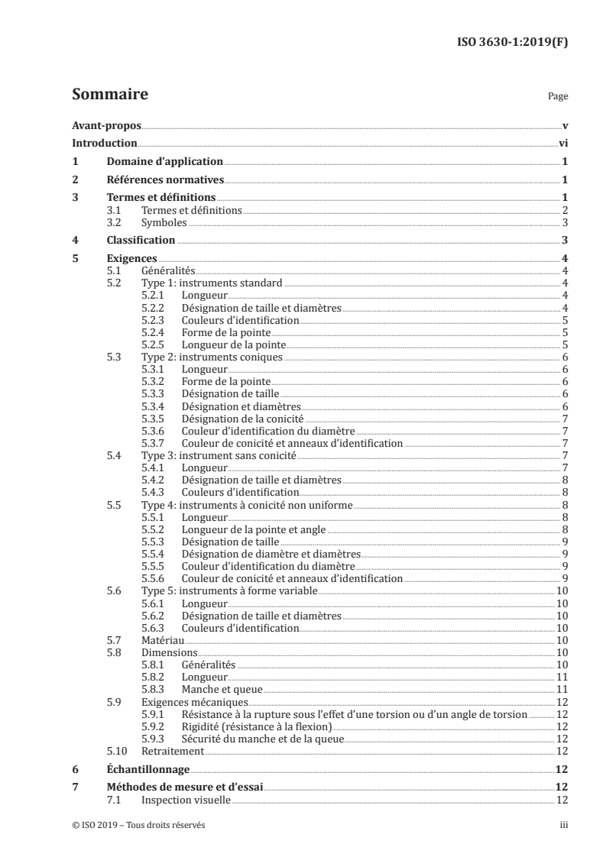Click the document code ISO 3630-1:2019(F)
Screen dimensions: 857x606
point(516,42)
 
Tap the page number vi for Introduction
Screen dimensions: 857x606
point(562,143)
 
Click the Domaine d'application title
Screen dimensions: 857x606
point(164,161)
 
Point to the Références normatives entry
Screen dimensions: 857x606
point(165,180)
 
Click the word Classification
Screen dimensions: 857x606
point(141,241)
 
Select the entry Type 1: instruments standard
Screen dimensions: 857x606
point(212,283)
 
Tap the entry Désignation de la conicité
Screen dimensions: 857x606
point(241,419)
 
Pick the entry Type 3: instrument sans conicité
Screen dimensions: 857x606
point(219,455)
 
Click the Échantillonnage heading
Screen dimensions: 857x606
point(147,769)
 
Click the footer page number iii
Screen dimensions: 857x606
point(564,825)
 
